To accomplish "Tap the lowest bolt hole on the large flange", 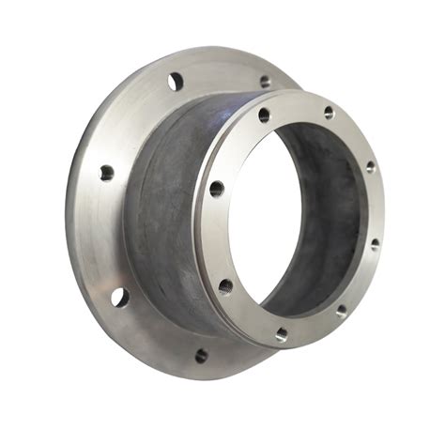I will [x=200, y=355].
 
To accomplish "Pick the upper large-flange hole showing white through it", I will [x=175, y=81].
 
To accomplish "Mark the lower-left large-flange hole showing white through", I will [x=118, y=297].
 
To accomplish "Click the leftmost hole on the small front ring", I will [x=216, y=188].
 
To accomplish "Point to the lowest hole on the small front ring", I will [x=282, y=333].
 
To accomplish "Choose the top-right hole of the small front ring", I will [x=329, y=113].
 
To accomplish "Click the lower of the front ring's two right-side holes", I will [x=375, y=243].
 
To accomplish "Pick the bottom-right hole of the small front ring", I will [x=340, y=309].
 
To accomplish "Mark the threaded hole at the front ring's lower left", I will [x=225, y=285].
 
